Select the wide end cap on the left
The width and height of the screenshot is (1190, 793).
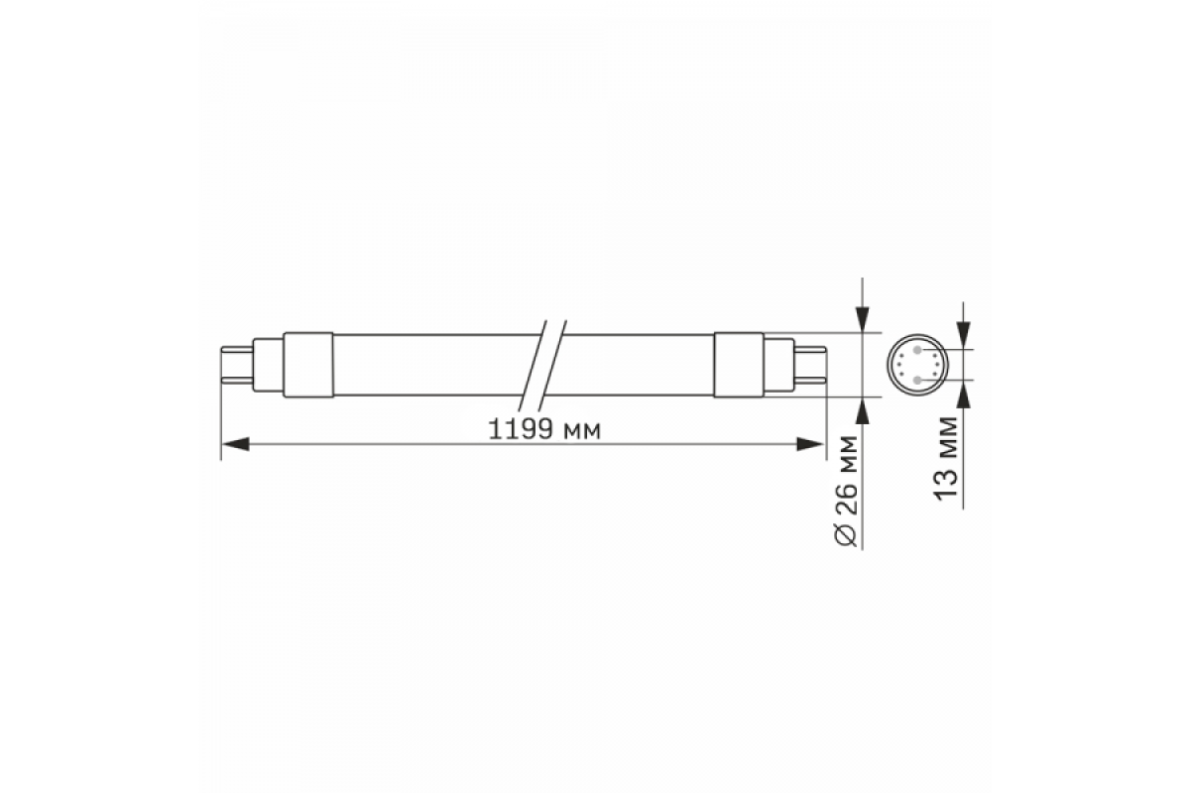click(308, 365)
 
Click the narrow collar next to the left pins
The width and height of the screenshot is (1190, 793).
click(268, 365)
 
